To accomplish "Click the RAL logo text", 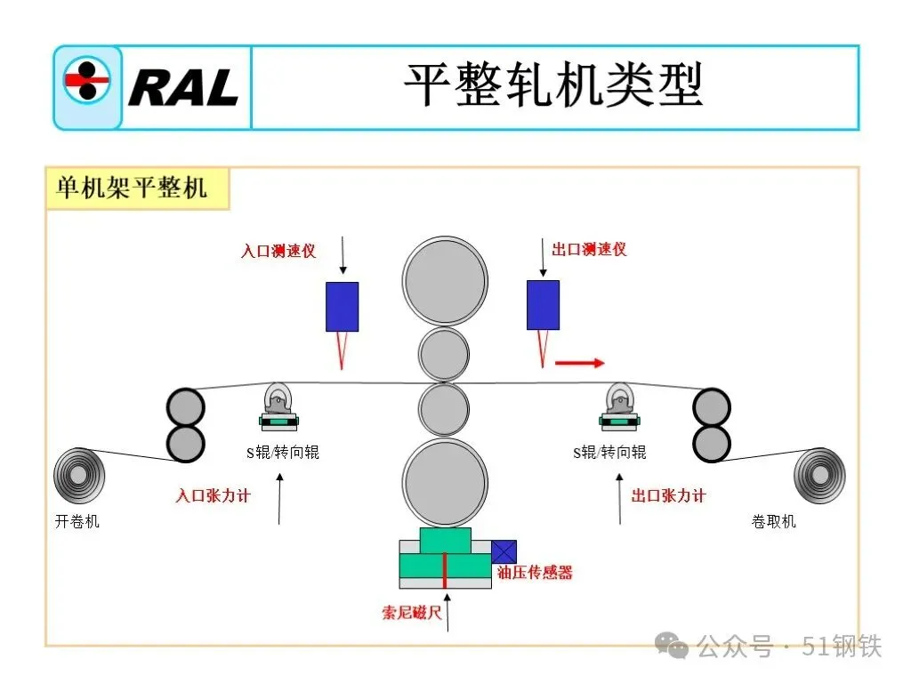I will coord(183,87).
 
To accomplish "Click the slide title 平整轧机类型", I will coord(553,86).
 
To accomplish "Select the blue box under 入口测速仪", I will coord(342,306).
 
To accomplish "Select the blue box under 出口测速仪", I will coord(543,304).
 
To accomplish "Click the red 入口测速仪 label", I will coord(278,251).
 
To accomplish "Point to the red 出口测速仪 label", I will coord(589,249).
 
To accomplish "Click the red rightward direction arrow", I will coord(579,363).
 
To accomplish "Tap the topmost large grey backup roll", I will coord(444,281).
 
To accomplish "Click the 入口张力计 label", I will coord(213,495).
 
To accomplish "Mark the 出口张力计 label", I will coord(668,495).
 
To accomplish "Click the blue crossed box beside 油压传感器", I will coord(504,551).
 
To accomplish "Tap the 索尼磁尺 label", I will coord(412,612).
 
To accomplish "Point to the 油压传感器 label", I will coord(535,573).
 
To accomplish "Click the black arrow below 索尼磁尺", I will coord(447,616).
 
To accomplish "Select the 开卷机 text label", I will coord(77,522).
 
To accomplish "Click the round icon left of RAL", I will coord(87,81).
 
